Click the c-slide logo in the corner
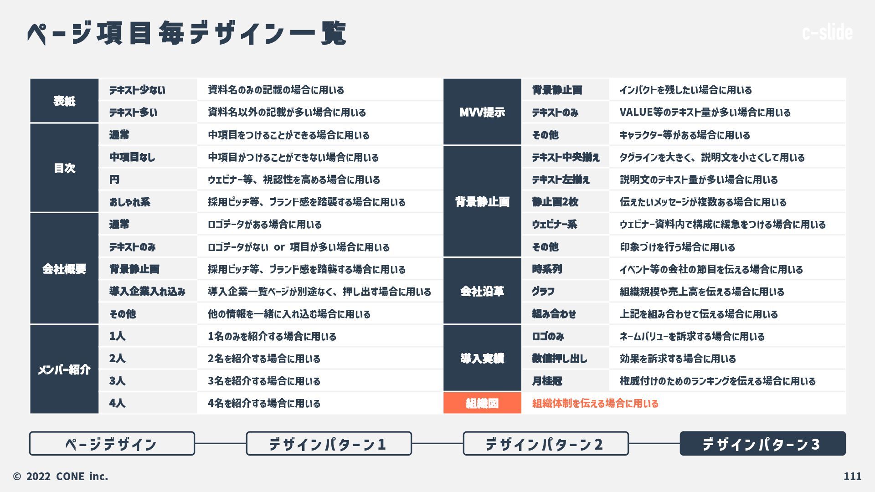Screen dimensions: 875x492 click(x=827, y=32)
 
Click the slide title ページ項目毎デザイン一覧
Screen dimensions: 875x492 click(x=187, y=33)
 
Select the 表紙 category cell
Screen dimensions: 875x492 click(x=64, y=101)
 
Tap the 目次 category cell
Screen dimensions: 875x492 click(x=64, y=168)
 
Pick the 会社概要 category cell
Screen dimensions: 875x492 click(x=64, y=269)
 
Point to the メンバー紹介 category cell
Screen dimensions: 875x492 click(x=64, y=369)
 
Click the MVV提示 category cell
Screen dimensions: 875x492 click(x=482, y=112)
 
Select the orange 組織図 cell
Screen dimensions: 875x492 click(x=482, y=403)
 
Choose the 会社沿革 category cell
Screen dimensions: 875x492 click(x=482, y=291)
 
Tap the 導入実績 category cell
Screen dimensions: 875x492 click(x=482, y=359)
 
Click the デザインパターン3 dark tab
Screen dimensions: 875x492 click(x=762, y=444)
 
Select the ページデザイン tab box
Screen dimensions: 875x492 click(x=112, y=444)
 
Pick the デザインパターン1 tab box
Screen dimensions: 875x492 click(x=329, y=444)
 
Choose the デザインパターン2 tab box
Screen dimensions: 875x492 click(x=546, y=444)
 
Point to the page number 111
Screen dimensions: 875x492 click(x=852, y=477)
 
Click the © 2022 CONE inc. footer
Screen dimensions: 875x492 click(x=61, y=477)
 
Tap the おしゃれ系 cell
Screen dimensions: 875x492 click(x=130, y=202)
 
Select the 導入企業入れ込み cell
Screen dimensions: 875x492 click(x=147, y=292)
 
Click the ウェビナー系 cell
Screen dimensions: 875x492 click(x=555, y=224)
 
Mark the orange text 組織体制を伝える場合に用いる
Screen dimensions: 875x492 click(x=595, y=403)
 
